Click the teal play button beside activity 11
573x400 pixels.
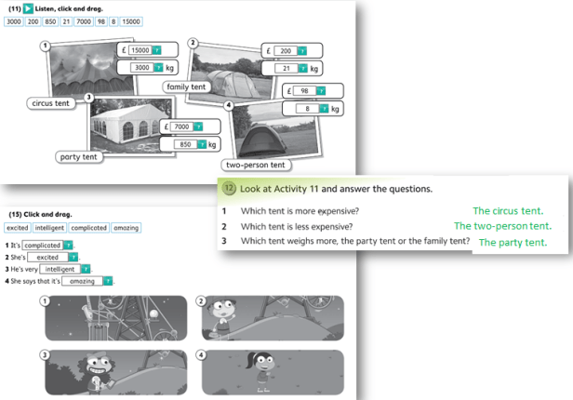pos(28,8)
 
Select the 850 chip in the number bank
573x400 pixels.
pos(50,21)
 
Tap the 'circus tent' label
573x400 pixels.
pos(50,103)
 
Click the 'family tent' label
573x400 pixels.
pos(186,87)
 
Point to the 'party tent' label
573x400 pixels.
pos(78,157)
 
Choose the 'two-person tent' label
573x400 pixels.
pos(256,165)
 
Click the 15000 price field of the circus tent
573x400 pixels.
pos(140,50)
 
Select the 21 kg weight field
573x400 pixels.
pos(286,68)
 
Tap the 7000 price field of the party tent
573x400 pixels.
pos(181,127)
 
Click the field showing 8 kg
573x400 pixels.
pos(307,109)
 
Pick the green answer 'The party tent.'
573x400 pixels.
pos(513,243)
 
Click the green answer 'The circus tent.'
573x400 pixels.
pos(508,211)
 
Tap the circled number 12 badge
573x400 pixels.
pos(229,189)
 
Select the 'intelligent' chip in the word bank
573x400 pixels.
pos(49,228)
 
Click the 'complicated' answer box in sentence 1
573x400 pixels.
pos(43,245)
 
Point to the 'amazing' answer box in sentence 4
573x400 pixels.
pos(82,281)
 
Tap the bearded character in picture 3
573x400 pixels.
pos(96,373)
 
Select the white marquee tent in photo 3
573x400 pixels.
pos(125,125)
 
